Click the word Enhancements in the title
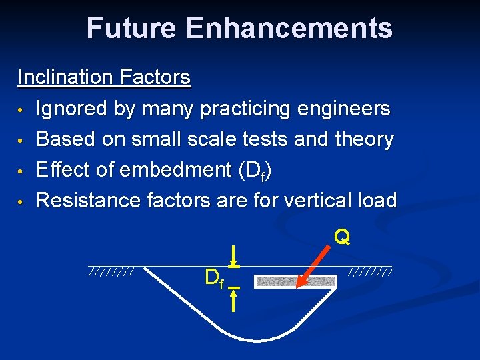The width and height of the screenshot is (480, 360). tap(289, 28)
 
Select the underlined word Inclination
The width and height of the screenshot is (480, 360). tap(65, 77)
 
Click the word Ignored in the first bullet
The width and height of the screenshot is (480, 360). tap(73, 108)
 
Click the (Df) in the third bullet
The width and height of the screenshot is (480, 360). tap(255, 171)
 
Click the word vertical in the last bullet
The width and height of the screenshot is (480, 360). tap(316, 200)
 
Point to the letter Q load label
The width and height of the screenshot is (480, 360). tap(342, 237)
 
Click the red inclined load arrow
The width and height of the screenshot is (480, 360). tap(315, 265)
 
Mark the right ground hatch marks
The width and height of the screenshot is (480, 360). tap(370, 272)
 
